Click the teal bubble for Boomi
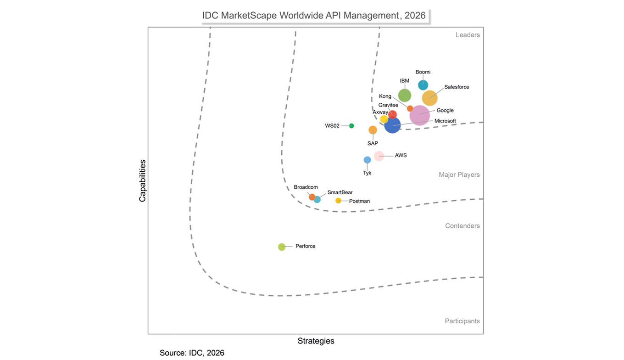click(423, 85)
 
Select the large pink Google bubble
click(420, 115)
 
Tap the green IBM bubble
click(404, 96)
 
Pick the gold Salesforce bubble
click(430, 98)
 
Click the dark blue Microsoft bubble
click(392, 125)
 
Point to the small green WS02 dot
click(351, 126)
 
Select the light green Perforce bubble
click(282, 247)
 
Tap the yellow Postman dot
click(338, 201)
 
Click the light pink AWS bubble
click(379, 156)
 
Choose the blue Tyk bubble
click(367, 160)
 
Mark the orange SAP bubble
click(373, 130)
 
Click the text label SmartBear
click(340, 192)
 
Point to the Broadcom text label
click(306, 187)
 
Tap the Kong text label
click(385, 96)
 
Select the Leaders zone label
click(468, 35)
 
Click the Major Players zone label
click(459, 175)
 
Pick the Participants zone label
click(462, 321)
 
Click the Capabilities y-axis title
click(142, 180)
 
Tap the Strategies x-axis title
click(316, 341)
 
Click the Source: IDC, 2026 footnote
click(192, 353)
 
